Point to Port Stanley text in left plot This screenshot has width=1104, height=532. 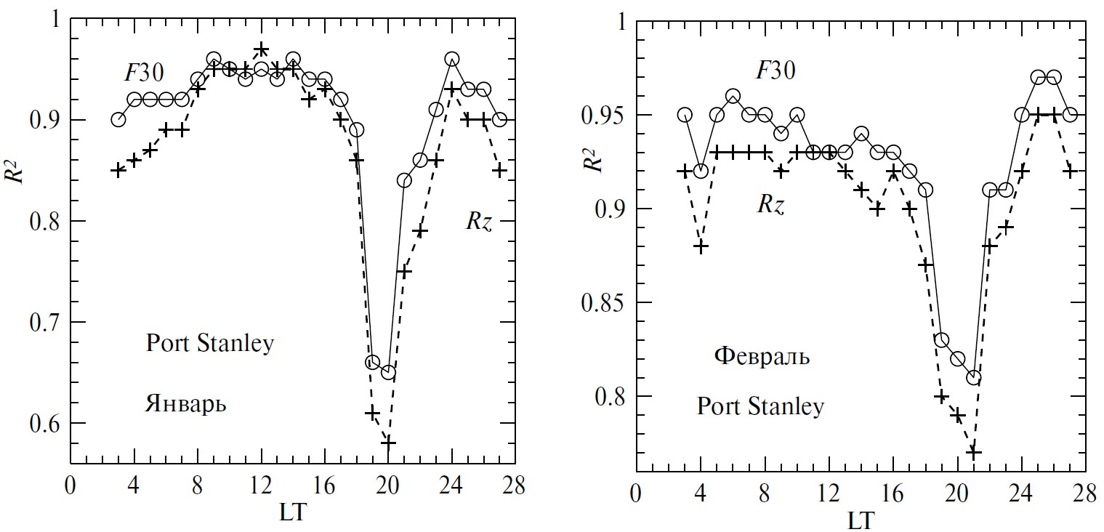click(209, 343)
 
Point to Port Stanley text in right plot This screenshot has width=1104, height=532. click(760, 406)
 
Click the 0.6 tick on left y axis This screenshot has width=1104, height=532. click(46, 424)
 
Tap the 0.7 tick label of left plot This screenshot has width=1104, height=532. click(46, 323)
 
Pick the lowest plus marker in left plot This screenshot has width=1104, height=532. click(388, 442)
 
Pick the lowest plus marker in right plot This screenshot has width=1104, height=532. click(974, 452)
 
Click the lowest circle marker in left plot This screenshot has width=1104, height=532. click(388, 372)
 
